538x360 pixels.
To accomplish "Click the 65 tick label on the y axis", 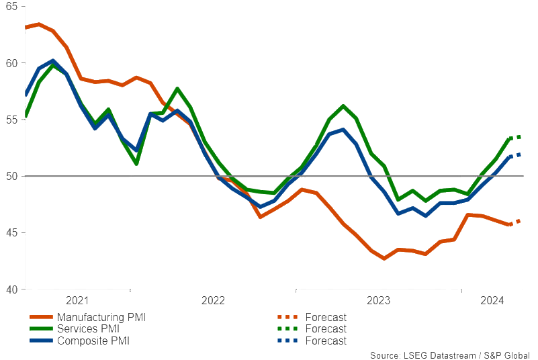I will [x=12, y=6].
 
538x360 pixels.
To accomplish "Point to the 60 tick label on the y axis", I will [x=12, y=63].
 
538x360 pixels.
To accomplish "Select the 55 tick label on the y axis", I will [x=12, y=120].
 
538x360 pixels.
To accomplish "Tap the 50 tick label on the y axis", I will [x=12, y=176].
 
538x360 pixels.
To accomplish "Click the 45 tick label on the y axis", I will [x=12, y=233].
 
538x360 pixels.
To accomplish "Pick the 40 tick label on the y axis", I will [x=12, y=289].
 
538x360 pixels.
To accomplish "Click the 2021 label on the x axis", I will [x=77, y=300].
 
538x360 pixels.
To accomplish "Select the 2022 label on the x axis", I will [x=213, y=300].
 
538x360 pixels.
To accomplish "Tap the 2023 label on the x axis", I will [x=378, y=300].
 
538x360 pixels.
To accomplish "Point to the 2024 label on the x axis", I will [x=492, y=300].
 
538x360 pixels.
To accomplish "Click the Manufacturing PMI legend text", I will [x=101, y=317].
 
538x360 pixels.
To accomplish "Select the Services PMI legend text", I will [x=88, y=329].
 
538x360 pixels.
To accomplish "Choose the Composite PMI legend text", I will [x=93, y=341].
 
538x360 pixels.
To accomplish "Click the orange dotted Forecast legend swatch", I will [x=287, y=317].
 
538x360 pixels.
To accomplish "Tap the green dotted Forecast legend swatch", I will [x=287, y=329].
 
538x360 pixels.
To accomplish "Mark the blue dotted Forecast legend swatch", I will [x=287, y=341].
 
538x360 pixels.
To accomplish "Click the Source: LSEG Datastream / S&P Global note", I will [x=449, y=355].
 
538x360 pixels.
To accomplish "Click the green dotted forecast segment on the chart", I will [x=515, y=138].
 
